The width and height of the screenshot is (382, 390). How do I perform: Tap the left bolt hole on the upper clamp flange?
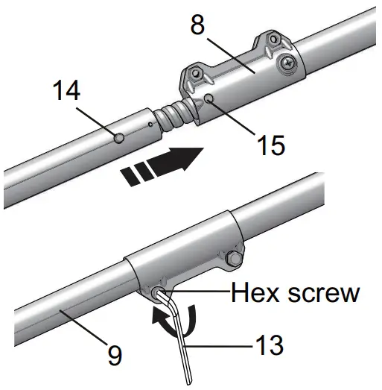pyautogui.click(x=194, y=76)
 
